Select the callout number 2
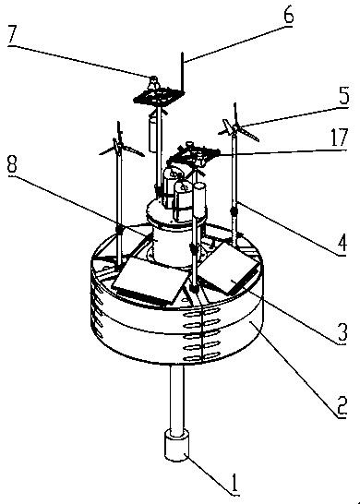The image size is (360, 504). [341, 407]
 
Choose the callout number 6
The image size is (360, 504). [288, 15]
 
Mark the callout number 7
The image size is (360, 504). [12, 36]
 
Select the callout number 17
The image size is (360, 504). [339, 138]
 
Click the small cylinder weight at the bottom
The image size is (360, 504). [177, 446]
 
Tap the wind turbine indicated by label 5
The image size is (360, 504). [238, 128]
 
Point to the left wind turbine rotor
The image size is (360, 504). [121, 147]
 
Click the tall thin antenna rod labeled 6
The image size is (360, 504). [182, 71]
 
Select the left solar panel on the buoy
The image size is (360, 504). [150, 281]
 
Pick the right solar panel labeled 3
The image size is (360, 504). [229, 269]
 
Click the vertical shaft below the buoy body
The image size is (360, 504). [177, 400]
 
